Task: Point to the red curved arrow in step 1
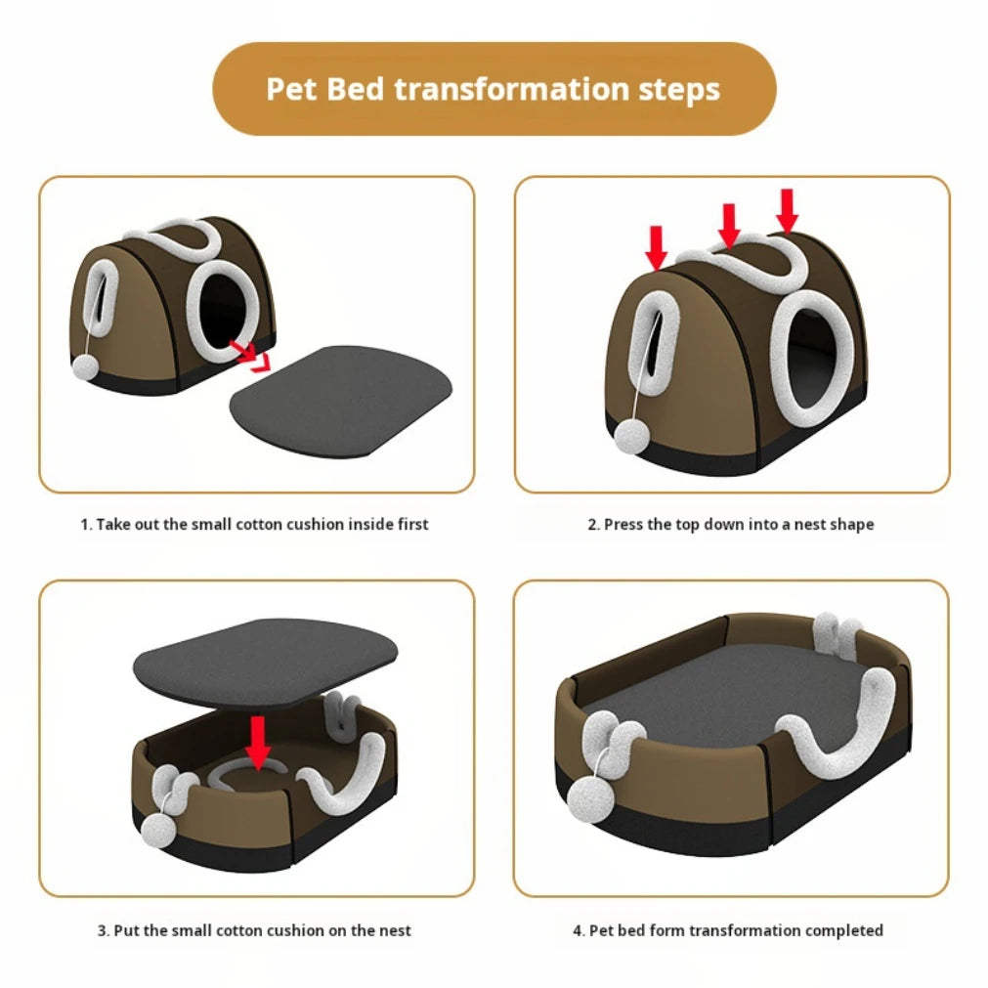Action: coord(251,355)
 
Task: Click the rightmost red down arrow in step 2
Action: coord(788,209)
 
